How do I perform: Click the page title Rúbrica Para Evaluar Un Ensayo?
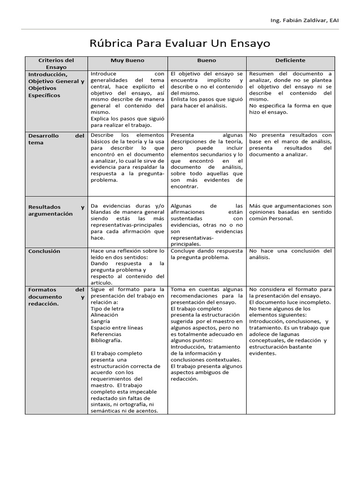click(180, 44)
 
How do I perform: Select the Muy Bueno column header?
click(127, 60)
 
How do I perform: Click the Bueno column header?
click(207, 60)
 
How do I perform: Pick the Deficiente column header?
click(290, 60)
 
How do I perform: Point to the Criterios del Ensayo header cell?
click(56, 64)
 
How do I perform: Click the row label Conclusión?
click(45, 251)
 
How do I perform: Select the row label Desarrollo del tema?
click(56, 139)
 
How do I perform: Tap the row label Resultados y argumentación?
click(56, 210)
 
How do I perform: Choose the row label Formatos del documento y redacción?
click(56, 297)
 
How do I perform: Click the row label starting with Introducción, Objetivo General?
click(56, 84)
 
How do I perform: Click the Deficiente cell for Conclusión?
click(290, 254)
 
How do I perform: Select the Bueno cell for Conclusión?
click(207, 254)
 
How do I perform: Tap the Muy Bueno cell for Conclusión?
click(127, 267)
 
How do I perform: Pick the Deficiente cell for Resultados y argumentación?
click(290, 212)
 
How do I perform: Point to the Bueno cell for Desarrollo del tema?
click(207, 161)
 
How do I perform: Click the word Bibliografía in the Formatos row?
click(106, 341)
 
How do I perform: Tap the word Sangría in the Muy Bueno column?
click(100, 322)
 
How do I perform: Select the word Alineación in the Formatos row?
click(105, 315)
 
